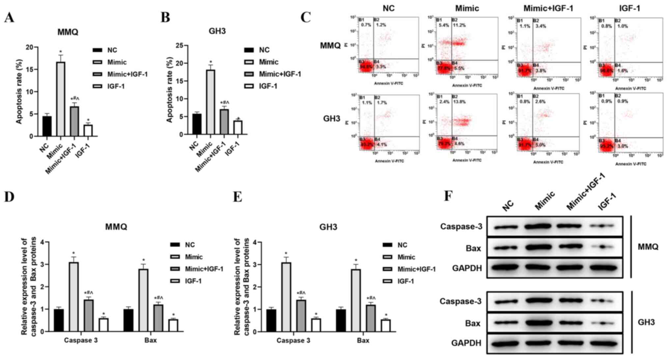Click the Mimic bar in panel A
[x=61, y=99]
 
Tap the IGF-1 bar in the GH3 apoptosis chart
[x=238, y=127]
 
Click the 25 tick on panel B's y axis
[x=180, y=45]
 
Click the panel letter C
[x=306, y=17]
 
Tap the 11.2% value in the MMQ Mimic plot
[x=459, y=25]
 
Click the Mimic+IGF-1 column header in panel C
[x=548, y=9]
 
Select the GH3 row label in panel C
[x=331, y=119]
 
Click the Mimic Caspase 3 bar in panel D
[x=74, y=297]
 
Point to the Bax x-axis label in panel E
[x=363, y=341]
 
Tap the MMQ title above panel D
[x=116, y=227]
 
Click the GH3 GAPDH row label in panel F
[x=466, y=343]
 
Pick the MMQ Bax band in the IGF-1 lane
[x=602, y=247]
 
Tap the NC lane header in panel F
[x=508, y=206]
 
